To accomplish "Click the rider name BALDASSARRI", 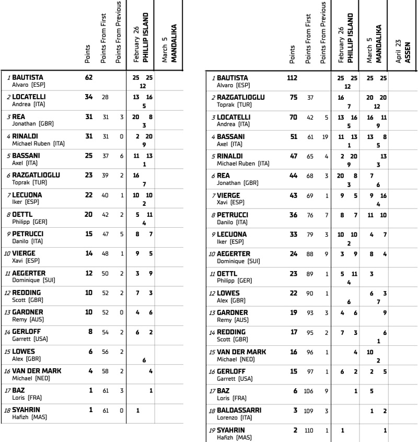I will (239, 410).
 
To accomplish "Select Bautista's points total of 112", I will (292, 78).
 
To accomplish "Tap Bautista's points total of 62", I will (88, 77).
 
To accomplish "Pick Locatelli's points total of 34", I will (88, 97).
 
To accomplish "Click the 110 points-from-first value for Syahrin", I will (310, 430).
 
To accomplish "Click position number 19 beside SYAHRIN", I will (213, 430).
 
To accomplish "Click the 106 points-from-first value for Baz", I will (310, 391).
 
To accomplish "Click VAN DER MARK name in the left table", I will (37, 371).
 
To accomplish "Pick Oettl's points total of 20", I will (88, 215).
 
